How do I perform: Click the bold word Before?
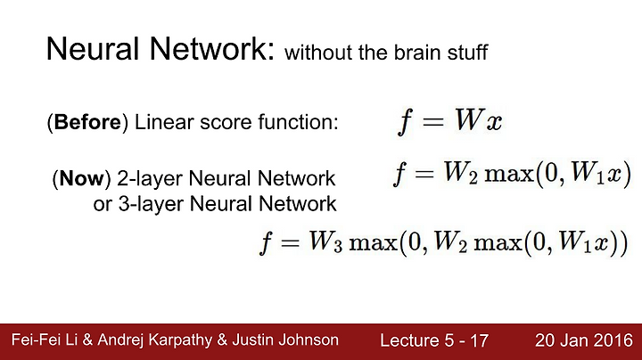coord(87,122)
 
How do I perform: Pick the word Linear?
coord(161,122)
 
